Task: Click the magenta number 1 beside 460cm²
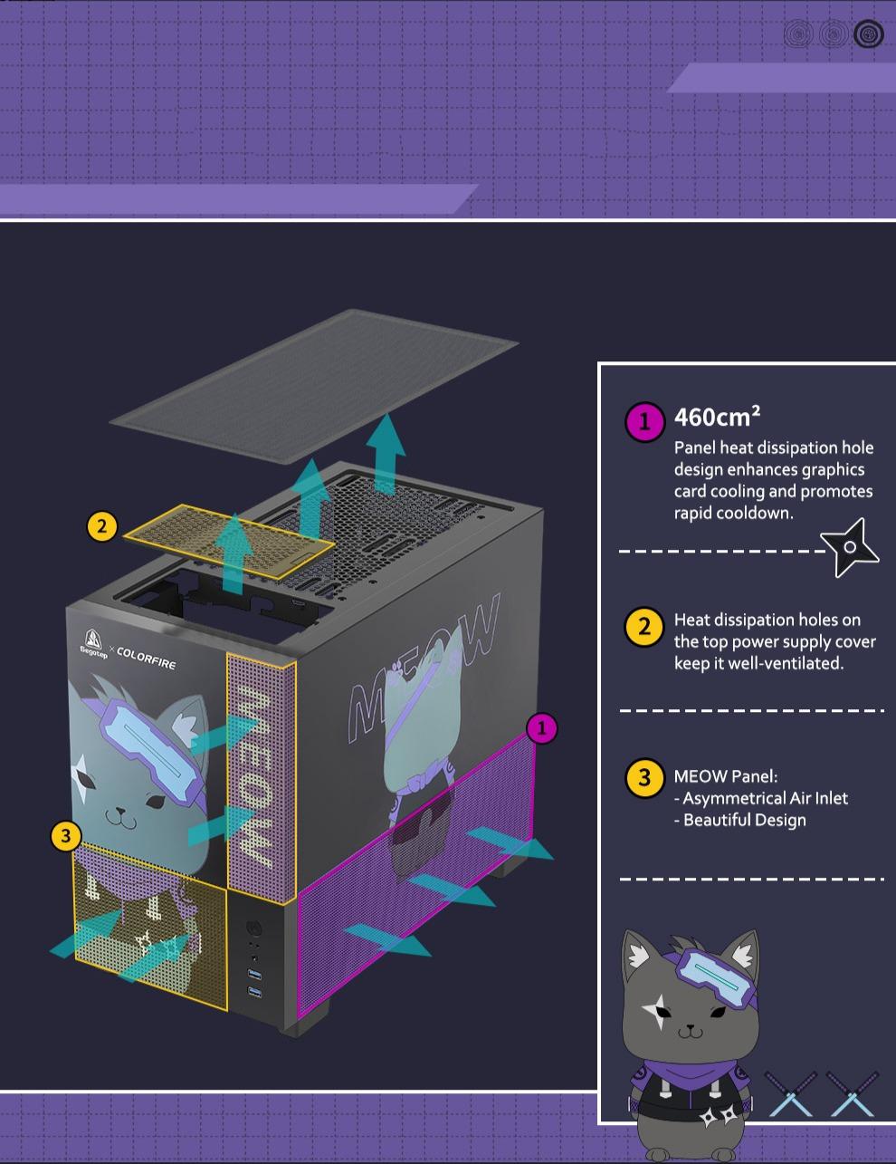(x=644, y=421)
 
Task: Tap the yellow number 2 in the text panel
(x=644, y=626)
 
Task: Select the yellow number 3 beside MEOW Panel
(x=644, y=778)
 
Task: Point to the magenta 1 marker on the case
(x=542, y=728)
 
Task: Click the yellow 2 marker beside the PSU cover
(x=102, y=526)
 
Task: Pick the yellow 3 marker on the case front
(x=66, y=836)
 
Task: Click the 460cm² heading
(x=717, y=417)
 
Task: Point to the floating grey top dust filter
(x=314, y=387)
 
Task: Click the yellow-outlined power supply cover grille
(x=229, y=542)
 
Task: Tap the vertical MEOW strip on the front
(x=262, y=776)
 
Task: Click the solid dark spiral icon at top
(x=869, y=34)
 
